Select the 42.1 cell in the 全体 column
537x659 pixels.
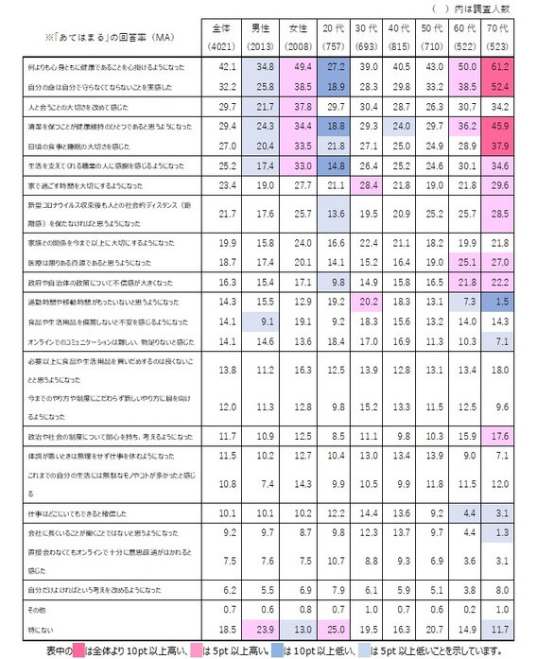227,68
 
